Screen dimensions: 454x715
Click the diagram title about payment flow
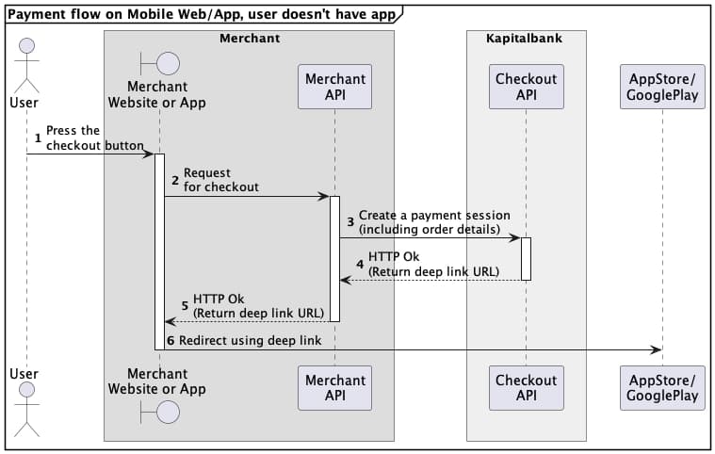pos(201,13)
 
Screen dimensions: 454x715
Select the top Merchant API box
pos(334,86)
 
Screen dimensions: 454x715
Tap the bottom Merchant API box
pos(334,388)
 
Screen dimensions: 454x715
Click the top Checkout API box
pos(526,86)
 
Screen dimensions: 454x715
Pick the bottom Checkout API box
pos(526,388)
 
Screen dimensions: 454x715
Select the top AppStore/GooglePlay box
pos(662,86)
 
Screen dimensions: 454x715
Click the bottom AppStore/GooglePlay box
pos(662,388)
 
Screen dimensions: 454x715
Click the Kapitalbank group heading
pos(526,39)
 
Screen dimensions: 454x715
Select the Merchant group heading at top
pos(249,39)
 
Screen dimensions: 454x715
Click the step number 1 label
pos(38,138)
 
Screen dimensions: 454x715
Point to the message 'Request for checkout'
pos(220,180)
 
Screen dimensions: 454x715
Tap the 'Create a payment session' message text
pos(433,222)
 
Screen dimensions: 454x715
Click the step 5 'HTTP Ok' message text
pos(258,305)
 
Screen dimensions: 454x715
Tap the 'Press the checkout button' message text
pos(94,138)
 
